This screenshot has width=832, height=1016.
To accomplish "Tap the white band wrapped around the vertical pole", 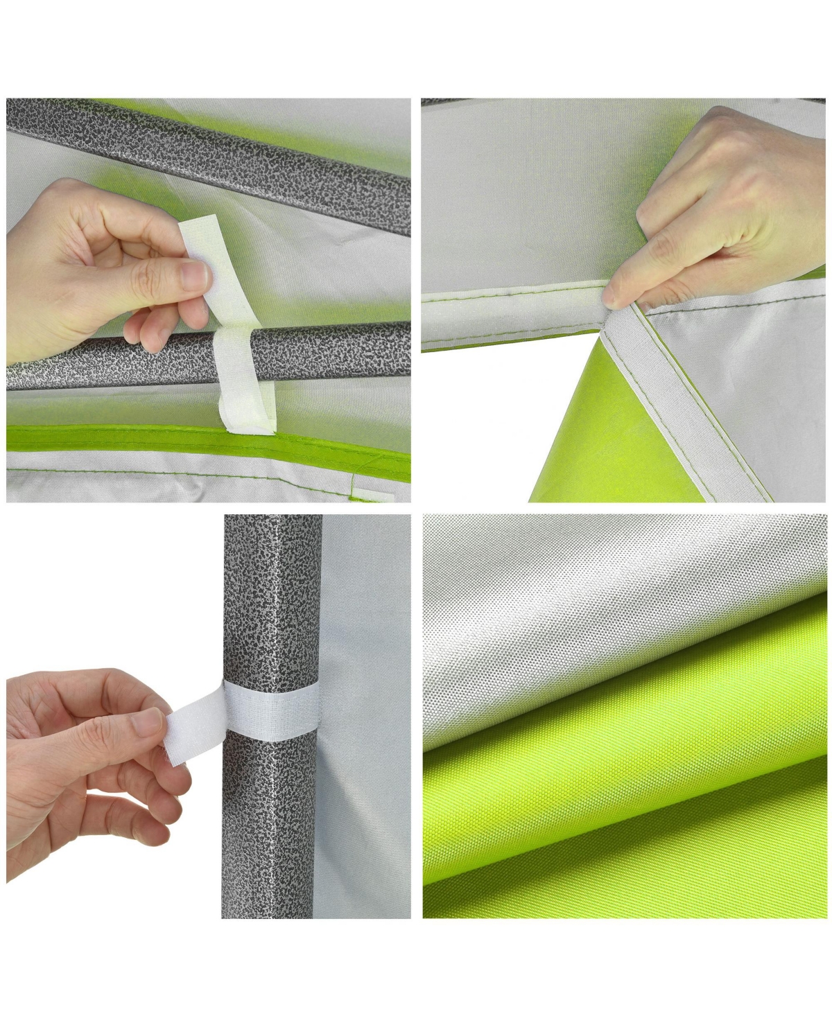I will pyautogui.click(x=270, y=710).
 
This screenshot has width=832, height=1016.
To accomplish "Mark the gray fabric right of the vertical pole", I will pyautogui.click(x=367, y=797).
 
